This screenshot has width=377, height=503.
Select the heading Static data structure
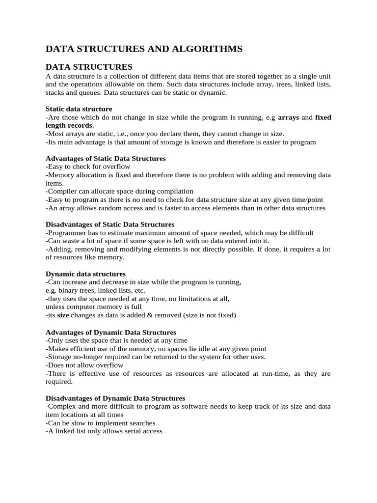pos(79,109)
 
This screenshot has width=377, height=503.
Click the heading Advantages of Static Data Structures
pos(106,159)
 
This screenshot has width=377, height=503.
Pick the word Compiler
pos(61,191)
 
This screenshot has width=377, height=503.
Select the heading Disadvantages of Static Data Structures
pos(110,224)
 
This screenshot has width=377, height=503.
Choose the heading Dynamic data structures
pos(85,274)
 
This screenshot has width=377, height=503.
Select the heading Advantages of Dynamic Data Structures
pos(111,333)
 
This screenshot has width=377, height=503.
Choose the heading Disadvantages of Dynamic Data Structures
pos(115,398)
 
